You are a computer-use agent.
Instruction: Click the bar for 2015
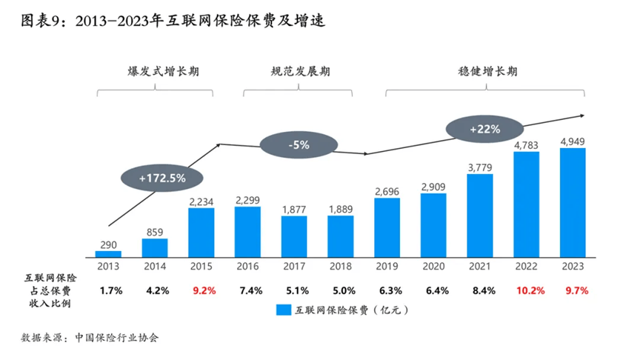201,230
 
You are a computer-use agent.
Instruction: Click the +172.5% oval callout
161,178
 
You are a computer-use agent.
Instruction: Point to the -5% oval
295,144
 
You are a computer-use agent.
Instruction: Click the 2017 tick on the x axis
294,264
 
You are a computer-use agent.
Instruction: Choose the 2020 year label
433,264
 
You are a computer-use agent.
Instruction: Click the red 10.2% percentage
527,290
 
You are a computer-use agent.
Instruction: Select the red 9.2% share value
201,290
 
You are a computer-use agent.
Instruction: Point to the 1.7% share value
108,290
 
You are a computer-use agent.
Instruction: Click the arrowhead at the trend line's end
583,115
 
